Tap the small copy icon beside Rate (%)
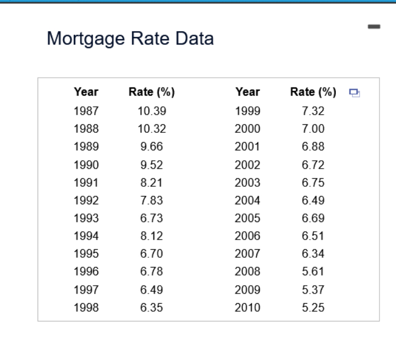point(355,93)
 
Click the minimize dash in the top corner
point(373,26)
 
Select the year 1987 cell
point(86,111)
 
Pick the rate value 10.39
point(152,111)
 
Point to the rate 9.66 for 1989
point(152,146)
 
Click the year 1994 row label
point(86,236)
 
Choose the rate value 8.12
point(152,236)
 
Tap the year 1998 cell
point(86,308)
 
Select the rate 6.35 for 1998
point(152,308)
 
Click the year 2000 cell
point(248,129)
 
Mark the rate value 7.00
point(313,129)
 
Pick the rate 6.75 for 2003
point(313,183)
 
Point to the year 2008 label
point(248,272)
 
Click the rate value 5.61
point(313,272)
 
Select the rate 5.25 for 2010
point(313,308)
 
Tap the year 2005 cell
point(248,219)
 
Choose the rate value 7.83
point(152,200)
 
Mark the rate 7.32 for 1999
point(313,111)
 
